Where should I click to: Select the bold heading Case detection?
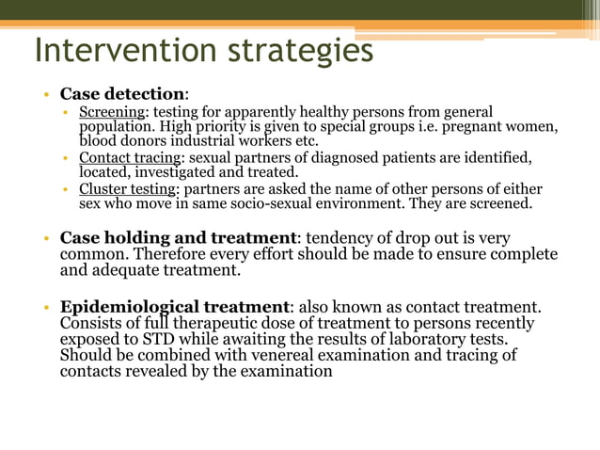tap(122, 94)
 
